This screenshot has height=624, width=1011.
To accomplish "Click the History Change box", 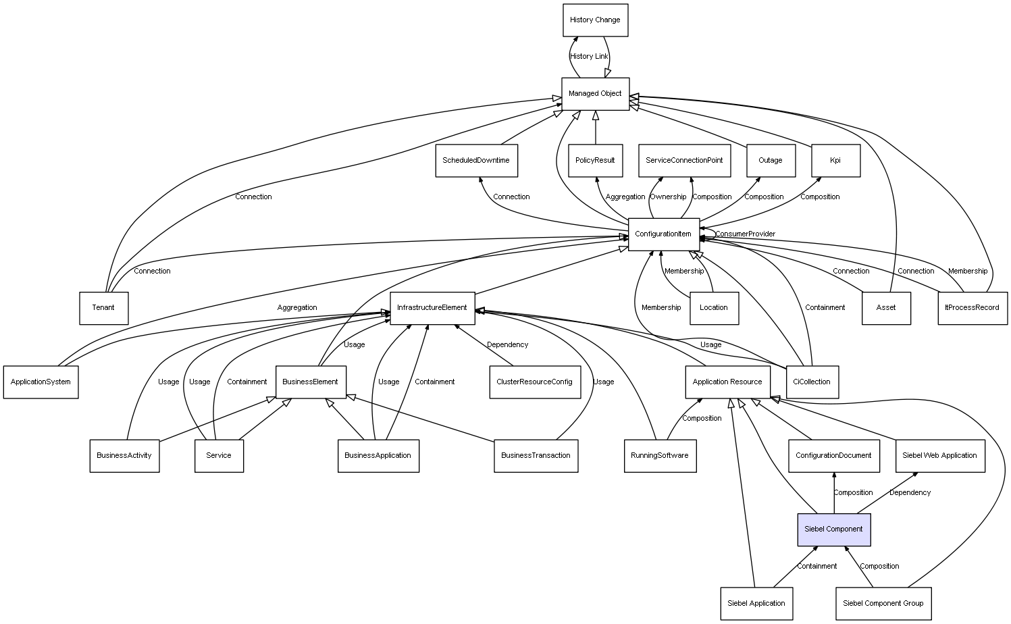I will [x=595, y=20].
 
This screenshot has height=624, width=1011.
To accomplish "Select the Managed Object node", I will [x=595, y=94].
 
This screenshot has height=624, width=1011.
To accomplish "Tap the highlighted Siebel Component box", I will [x=833, y=529].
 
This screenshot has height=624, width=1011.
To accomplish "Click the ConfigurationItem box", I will [x=663, y=234].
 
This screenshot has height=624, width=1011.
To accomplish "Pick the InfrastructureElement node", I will [x=432, y=308].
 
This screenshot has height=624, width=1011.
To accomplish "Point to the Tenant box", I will [x=103, y=308].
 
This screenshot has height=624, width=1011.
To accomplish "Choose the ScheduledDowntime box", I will [x=476, y=161].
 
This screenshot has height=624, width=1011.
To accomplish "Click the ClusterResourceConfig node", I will [x=534, y=382].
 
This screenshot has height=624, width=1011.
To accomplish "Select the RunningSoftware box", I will [x=660, y=456].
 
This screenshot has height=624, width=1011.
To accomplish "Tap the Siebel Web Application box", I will [x=939, y=456].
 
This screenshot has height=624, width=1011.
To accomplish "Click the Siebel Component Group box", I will [x=883, y=604].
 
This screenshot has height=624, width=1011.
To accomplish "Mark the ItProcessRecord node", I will [x=973, y=308].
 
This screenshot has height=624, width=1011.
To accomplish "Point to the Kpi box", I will [x=835, y=161].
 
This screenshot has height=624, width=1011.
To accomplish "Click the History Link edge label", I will [x=589, y=57].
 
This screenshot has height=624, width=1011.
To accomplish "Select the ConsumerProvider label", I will [x=746, y=234].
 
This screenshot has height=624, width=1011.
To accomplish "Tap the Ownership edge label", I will [x=668, y=197].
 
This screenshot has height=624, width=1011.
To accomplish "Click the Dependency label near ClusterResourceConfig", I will [x=508, y=345].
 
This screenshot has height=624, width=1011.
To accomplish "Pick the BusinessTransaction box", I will [x=536, y=456].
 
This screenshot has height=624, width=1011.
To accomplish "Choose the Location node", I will [x=714, y=308].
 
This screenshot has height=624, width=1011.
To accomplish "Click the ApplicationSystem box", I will [x=41, y=382].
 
